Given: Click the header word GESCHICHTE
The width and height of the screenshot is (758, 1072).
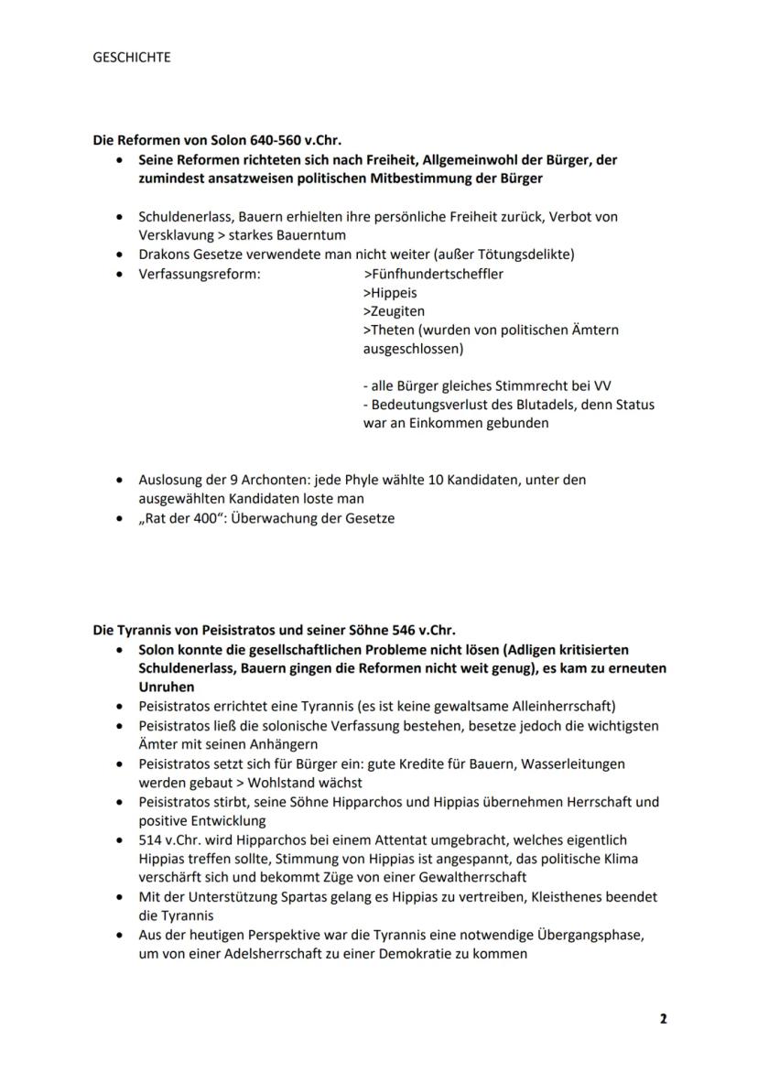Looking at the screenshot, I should pyautogui.click(x=132, y=57).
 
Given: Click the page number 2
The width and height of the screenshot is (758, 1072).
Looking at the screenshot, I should pyautogui.click(x=663, y=1019).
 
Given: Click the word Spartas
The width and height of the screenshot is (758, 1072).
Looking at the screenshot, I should pyautogui.click(x=297, y=897).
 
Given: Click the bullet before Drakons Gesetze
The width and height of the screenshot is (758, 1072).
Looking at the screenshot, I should pyautogui.click(x=120, y=254).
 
